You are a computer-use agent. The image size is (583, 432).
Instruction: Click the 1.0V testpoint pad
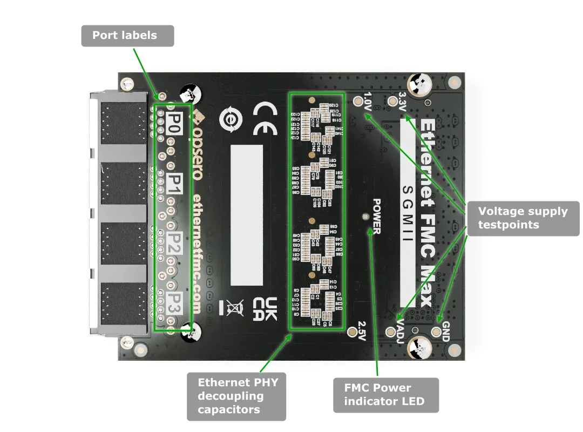pyautogui.click(x=358, y=101)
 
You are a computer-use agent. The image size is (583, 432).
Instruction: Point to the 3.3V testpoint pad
pyautogui.click(x=392, y=100)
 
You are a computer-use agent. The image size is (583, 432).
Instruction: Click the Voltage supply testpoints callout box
pyautogui.click(x=523, y=218)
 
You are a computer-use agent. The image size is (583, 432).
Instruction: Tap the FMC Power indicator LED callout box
pyautogui.click(x=384, y=395)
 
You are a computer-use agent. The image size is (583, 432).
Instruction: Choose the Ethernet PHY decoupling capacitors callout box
pyautogui.click(x=238, y=396)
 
